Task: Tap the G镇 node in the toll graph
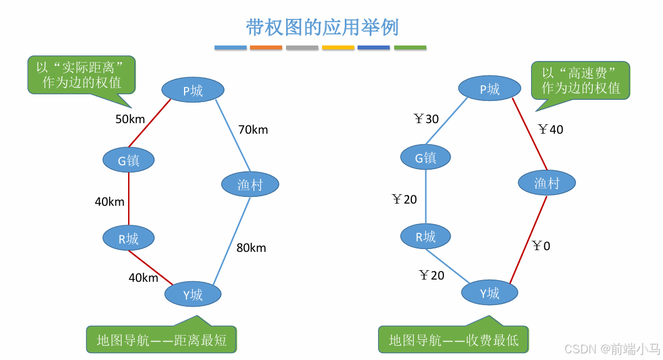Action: [426, 158]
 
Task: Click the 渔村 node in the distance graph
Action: [250, 184]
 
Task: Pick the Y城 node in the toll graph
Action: [490, 293]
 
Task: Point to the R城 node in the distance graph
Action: [129, 239]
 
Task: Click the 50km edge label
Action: [130, 119]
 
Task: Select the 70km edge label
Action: [253, 130]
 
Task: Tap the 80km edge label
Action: [251, 248]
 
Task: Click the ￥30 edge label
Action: [426, 119]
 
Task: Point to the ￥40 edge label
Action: [550, 130]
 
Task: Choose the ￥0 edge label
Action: [541, 246]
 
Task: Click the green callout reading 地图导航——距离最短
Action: [161, 339]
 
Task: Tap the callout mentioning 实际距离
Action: [81, 75]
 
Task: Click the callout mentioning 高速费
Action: [580, 80]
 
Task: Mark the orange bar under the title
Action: [266, 48]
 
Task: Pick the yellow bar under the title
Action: [338, 48]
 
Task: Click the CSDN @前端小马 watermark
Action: [611, 348]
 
